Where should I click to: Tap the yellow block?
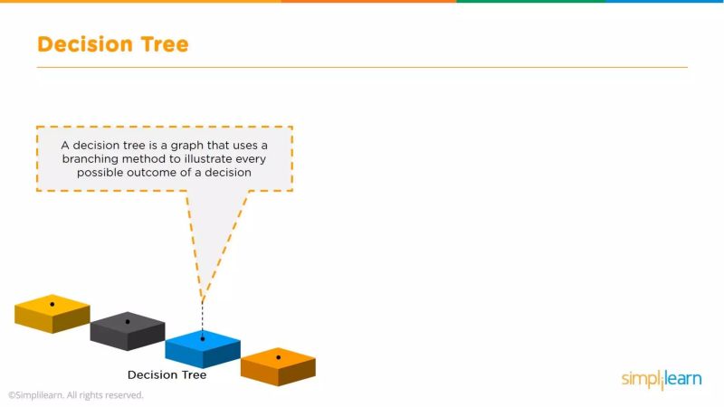52,313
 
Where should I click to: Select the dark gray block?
128,330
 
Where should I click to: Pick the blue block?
203,348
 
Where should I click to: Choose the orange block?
278,365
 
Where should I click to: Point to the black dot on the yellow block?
52,304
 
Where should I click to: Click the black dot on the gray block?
128,321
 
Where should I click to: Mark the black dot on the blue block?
203,339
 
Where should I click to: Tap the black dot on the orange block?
278,356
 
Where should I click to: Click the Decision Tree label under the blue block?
167,374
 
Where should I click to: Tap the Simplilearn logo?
662,379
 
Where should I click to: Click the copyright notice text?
76,395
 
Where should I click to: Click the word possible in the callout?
102,172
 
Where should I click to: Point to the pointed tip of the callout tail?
203,301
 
